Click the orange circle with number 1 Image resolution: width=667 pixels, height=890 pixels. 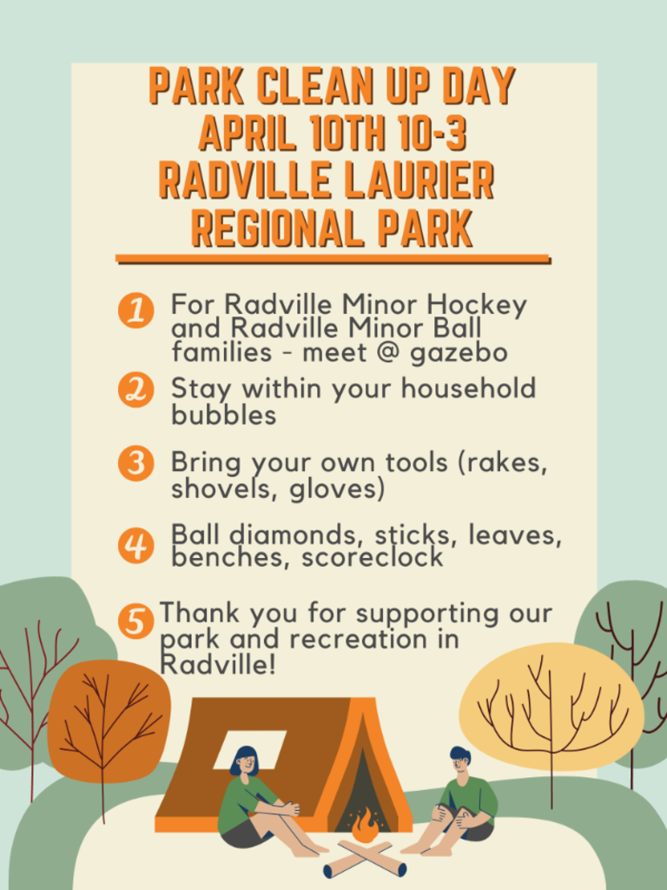pos(136,310)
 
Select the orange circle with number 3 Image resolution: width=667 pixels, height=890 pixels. pos(136,463)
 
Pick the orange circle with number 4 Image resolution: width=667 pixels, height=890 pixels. pos(136,545)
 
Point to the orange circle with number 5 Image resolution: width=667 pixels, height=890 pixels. pos(136,621)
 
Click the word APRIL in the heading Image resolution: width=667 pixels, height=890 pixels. pos(246,133)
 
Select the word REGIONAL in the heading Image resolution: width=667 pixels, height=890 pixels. pos(277,229)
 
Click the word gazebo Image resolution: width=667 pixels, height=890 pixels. pos(459,354)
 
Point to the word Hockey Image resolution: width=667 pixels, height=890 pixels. pos(477,306)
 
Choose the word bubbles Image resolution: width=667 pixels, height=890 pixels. pos(223,415)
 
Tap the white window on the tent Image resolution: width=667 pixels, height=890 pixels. pos(249,749)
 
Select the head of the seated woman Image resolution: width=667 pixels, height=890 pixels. pos(244,761)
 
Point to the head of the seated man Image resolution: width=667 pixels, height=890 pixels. pos(460,761)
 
